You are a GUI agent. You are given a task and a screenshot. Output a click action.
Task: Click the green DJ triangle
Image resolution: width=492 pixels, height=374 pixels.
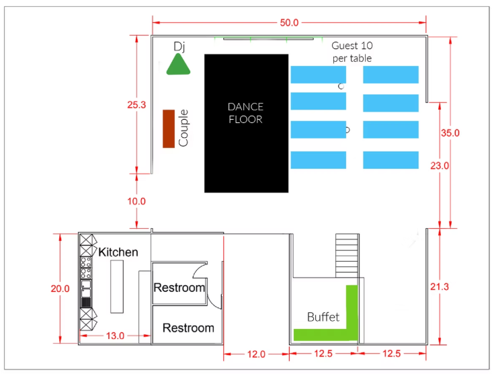[x=178, y=65]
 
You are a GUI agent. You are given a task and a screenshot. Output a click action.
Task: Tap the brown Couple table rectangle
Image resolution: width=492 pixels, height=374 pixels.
[x=169, y=128]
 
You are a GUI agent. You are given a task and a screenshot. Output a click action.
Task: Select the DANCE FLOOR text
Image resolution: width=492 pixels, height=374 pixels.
[x=246, y=113]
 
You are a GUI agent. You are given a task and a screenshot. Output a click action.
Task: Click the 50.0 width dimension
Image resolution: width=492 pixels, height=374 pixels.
[x=289, y=23]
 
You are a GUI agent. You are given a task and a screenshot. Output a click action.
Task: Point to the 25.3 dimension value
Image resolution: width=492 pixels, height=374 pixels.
[x=136, y=105]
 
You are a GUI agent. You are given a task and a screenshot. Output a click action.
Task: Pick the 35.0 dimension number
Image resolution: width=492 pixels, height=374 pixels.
[x=450, y=133]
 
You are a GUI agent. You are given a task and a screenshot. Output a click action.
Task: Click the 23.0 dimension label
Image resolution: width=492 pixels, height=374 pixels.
[x=440, y=165]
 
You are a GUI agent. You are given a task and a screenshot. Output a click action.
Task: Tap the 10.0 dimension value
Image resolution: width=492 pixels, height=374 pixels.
[x=136, y=201]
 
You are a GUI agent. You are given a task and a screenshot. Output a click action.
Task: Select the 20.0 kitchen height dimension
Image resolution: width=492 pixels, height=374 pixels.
[x=60, y=289]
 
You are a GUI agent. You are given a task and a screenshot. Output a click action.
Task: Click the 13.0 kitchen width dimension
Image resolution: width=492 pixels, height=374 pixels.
[x=115, y=336]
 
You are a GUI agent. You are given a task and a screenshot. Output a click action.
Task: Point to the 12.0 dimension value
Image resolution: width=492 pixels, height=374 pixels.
[x=256, y=354]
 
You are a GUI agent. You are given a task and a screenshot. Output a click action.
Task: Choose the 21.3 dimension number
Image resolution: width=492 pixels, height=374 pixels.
[x=440, y=287]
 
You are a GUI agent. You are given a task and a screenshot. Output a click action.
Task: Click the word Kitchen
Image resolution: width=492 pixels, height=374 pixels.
[x=118, y=252]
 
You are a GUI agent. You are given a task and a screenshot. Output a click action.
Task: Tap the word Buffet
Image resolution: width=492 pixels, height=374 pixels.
[x=323, y=317]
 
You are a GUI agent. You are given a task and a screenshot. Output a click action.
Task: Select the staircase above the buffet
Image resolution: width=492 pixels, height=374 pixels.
[x=347, y=256]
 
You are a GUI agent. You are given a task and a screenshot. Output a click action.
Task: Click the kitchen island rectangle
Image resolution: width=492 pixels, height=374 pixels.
[x=117, y=287]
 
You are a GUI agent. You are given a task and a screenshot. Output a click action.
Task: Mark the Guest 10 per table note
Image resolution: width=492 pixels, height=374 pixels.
[x=352, y=52]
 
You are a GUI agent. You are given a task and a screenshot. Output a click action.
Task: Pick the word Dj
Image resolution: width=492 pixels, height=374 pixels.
[x=179, y=46]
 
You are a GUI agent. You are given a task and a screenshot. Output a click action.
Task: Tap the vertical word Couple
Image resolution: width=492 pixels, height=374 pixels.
[x=183, y=128]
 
